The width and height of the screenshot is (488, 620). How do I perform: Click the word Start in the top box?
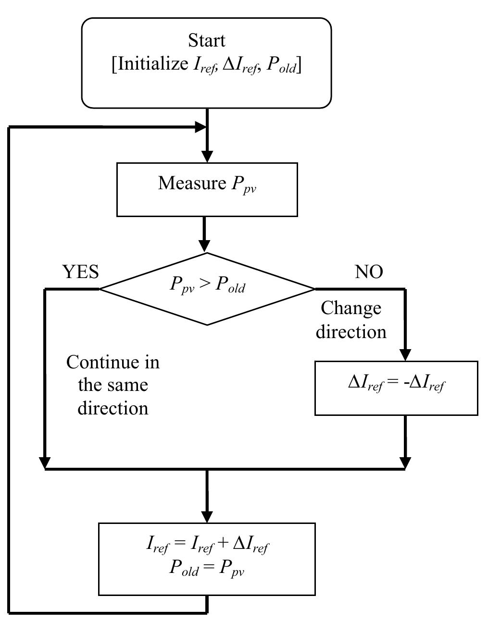207,40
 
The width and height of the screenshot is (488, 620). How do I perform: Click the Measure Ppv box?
207,189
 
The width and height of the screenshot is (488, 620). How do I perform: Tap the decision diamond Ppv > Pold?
207,289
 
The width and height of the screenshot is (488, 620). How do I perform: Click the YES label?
81,272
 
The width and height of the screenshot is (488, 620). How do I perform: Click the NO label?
369,272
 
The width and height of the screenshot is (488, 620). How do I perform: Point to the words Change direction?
351,319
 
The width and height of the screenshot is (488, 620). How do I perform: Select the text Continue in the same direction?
113,385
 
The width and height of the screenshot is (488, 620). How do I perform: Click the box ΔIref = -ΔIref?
396,388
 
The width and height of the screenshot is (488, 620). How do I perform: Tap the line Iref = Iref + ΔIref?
207,545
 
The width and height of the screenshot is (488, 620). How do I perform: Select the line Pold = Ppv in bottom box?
207,568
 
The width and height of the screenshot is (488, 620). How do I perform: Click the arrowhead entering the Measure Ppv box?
207,157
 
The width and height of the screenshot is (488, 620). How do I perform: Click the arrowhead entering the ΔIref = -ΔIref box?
405,355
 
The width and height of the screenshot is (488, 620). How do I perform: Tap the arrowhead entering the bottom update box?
207,517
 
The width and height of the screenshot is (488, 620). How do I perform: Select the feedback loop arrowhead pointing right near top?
200,127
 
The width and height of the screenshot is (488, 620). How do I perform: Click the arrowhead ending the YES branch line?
45,462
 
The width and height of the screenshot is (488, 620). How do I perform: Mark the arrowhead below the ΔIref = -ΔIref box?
405,462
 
